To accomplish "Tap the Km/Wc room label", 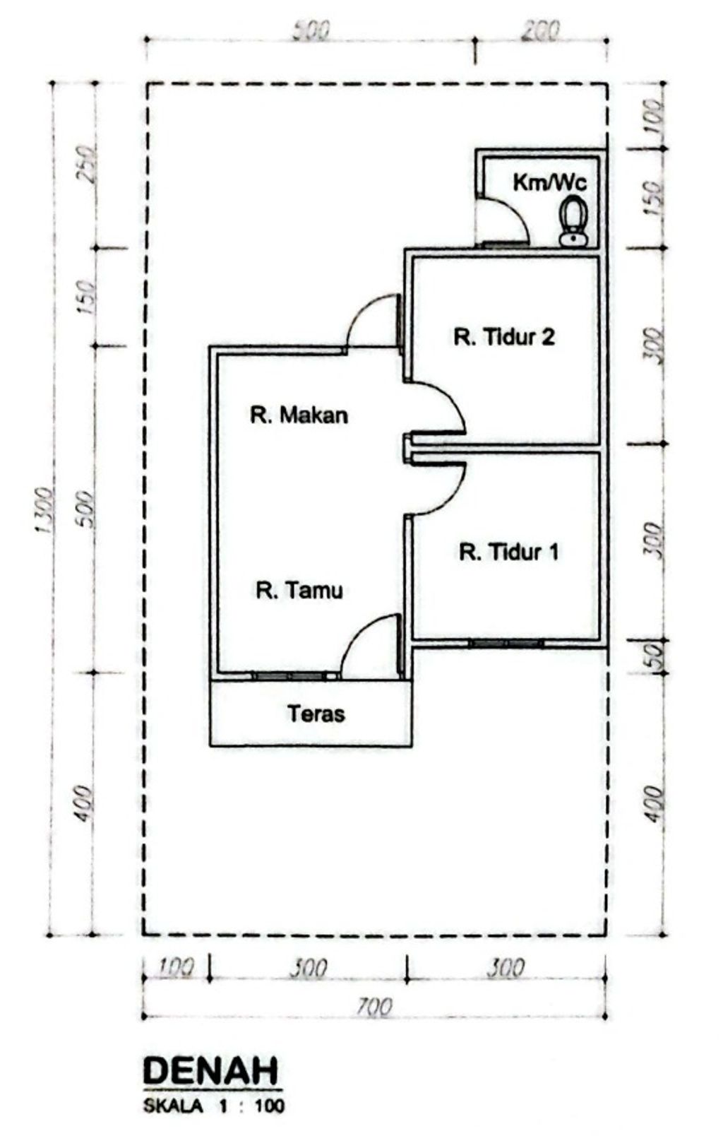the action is click(x=549, y=182).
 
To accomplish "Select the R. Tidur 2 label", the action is click(x=504, y=337).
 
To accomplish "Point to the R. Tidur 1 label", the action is click(x=508, y=552).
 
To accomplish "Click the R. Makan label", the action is click(x=299, y=415).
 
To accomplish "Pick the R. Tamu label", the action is click(x=299, y=591).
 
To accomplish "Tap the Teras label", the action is click(x=316, y=714).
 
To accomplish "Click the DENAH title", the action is click(x=211, y=1071).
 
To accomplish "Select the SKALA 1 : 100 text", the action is click(x=214, y=1106).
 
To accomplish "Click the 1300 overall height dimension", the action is click(x=44, y=509).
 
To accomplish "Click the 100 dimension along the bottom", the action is click(x=177, y=968).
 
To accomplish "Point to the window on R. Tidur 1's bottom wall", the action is click(x=506, y=643).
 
